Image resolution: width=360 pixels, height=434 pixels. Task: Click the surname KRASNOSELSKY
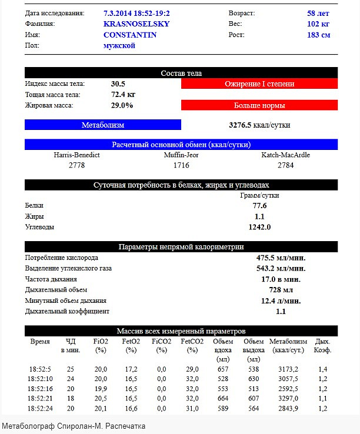(x=136, y=24)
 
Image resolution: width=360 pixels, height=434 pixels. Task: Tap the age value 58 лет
(x=318, y=12)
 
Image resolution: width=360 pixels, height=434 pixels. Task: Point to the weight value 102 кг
(x=318, y=24)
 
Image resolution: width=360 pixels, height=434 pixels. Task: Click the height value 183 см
(x=318, y=35)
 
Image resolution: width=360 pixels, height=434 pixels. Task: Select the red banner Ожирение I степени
(x=259, y=84)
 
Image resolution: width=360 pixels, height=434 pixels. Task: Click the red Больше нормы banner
(x=259, y=106)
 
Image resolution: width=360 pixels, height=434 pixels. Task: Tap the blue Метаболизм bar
(x=103, y=125)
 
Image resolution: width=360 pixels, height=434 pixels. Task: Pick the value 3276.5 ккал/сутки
(x=259, y=125)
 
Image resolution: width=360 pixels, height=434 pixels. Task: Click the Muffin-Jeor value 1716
(x=181, y=166)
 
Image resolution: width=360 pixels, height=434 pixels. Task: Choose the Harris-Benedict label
(x=76, y=155)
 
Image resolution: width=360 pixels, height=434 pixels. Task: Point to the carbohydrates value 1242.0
(x=259, y=227)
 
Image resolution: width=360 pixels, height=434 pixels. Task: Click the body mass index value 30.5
(x=118, y=84)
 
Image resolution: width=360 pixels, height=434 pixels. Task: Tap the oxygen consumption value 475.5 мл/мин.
(x=281, y=258)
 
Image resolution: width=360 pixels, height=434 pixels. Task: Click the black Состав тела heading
(x=181, y=74)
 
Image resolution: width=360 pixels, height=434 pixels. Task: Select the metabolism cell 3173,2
(x=288, y=369)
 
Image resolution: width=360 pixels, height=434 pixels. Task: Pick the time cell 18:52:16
(x=41, y=389)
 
